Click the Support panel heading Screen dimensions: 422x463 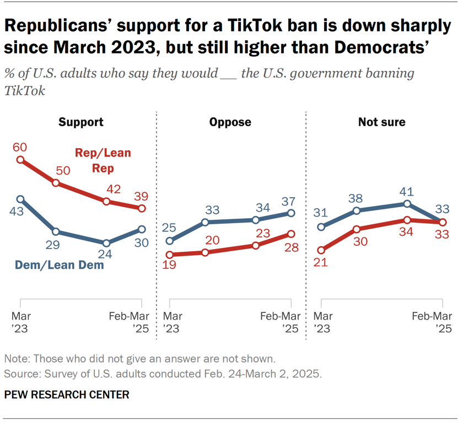coord(81,122)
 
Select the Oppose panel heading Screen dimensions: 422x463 coord(231,122)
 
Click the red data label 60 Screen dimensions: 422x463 coord(20,147)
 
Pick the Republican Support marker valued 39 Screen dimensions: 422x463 coord(142,209)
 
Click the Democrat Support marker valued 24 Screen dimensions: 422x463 coord(106,243)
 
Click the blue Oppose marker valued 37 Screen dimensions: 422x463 coord(290,213)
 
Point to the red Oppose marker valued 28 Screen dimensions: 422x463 coord(290,234)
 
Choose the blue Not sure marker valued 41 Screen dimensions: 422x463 coord(407,203)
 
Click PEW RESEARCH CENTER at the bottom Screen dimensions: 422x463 coord(67,394)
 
